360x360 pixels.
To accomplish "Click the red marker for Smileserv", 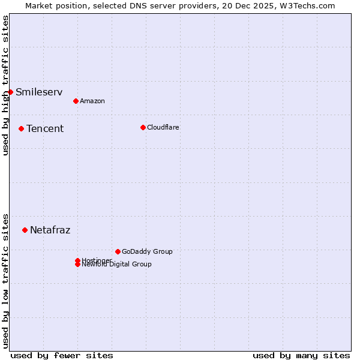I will click(10, 92).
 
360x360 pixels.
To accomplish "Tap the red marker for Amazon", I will click(76, 101).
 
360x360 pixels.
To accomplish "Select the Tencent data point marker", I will click(21, 128).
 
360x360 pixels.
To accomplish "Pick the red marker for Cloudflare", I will click(143, 127).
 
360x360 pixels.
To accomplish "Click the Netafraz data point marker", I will click(25, 230).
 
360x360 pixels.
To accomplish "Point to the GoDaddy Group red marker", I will click(118, 251).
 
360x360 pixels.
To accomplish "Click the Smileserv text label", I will click(39, 92).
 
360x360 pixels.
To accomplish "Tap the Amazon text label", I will click(92, 101).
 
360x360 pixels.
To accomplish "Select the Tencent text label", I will click(45, 128).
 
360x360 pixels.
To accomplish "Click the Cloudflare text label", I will click(163, 127).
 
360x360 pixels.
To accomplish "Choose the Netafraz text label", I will click(50, 230).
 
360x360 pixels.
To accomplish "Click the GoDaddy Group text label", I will click(147, 251).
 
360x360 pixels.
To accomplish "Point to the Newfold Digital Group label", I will click(117, 265).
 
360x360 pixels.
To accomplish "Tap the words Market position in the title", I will click(53, 5).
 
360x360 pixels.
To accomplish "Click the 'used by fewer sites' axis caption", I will click(62, 355).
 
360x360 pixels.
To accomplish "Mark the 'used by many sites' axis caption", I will click(301, 355).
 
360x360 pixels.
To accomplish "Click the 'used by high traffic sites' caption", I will click(5, 85).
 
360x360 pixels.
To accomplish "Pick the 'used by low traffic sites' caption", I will click(5, 280).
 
